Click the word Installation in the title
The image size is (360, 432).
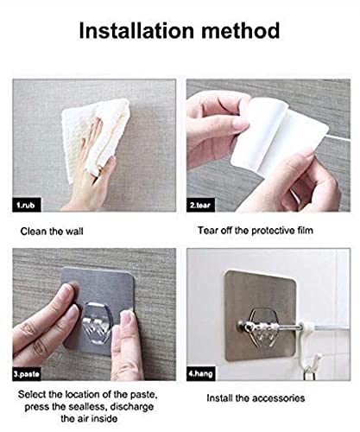[x=136, y=30]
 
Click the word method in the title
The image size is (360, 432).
[x=241, y=30]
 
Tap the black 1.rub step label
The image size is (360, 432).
[x=27, y=205]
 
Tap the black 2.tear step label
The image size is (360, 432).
[x=200, y=205]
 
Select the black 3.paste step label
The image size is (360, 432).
[x=27, y=374]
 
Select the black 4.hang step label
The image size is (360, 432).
[x=201, y=374]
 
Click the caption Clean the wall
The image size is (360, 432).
[x=52, y=232]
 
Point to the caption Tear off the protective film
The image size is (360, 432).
[x=256, y=231]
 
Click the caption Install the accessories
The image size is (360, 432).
[x=256, y=398]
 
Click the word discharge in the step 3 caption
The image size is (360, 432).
[x=132, y=407]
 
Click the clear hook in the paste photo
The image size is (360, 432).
[x=98, y=322]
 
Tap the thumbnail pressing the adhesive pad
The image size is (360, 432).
[x=127, y=317]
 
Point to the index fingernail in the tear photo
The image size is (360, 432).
[x=241, y=124]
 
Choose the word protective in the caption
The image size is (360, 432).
[x=273, y=231]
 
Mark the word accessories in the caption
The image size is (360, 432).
[x=279, y=398]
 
